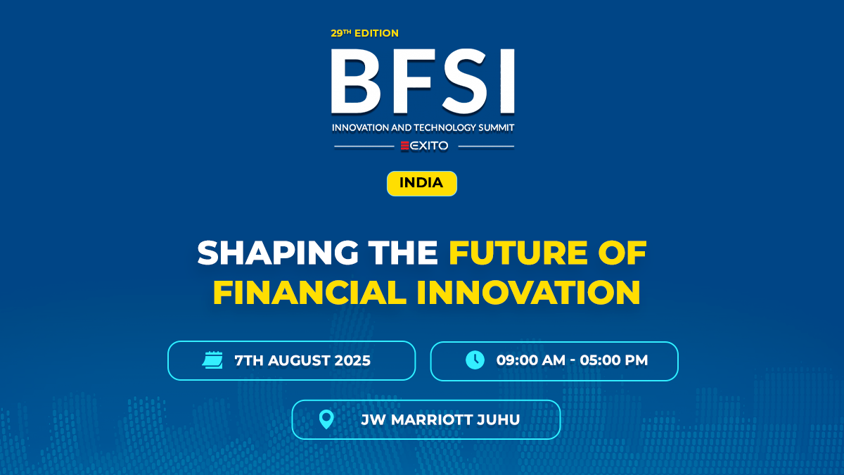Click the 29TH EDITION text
tap(364, 33)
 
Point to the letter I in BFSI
tap(505, 82)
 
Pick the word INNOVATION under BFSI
tap(359, 127)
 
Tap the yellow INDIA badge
tap(421, 183)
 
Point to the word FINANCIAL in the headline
tap(309, 291)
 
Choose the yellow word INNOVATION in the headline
tap(528, 291)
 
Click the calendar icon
tap(212, 360)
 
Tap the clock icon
tap(475, 360)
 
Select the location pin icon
tap(326, 419)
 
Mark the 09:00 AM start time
tap(527, 361)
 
